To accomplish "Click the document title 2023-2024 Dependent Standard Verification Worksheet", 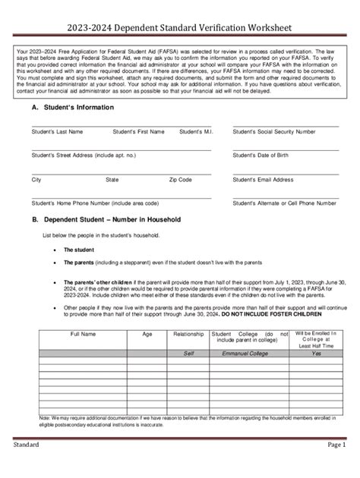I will pyautogui.click(x=179, y=28).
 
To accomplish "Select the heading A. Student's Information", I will pyautogui.click(x=73, y=108).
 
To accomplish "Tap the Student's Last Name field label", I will pyautogui.click(x=57, y=131).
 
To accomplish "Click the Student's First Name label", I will pyautogui.click(x=138, y=131).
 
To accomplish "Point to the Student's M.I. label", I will pyautogui.click(x=196, y=131).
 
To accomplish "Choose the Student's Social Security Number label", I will pyautogui.click(x=274, y=131).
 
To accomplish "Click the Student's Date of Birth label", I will pyautogui.click(x=261, y=155).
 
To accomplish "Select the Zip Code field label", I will pyautogui.click(x=181, y=180).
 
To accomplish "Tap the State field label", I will pyautogui.click(x=112, y=180).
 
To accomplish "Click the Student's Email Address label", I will pyautogui.click(x=263, y=180).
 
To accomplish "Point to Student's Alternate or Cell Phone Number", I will pyautogui.click(x=284, y=203).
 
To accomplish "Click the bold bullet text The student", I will pyautogui.click(x=79, y=250).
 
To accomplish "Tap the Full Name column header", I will pyautogui.click(x=84, y=334).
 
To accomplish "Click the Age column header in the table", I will pyautogui.click(x=147, y=334).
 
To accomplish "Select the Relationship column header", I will pyautogui.click(x=188, y=334).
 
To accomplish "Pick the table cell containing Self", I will pyautogui.click(x=188, y=354).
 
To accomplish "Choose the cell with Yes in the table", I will pyautogui.click(x=315, y=354).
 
